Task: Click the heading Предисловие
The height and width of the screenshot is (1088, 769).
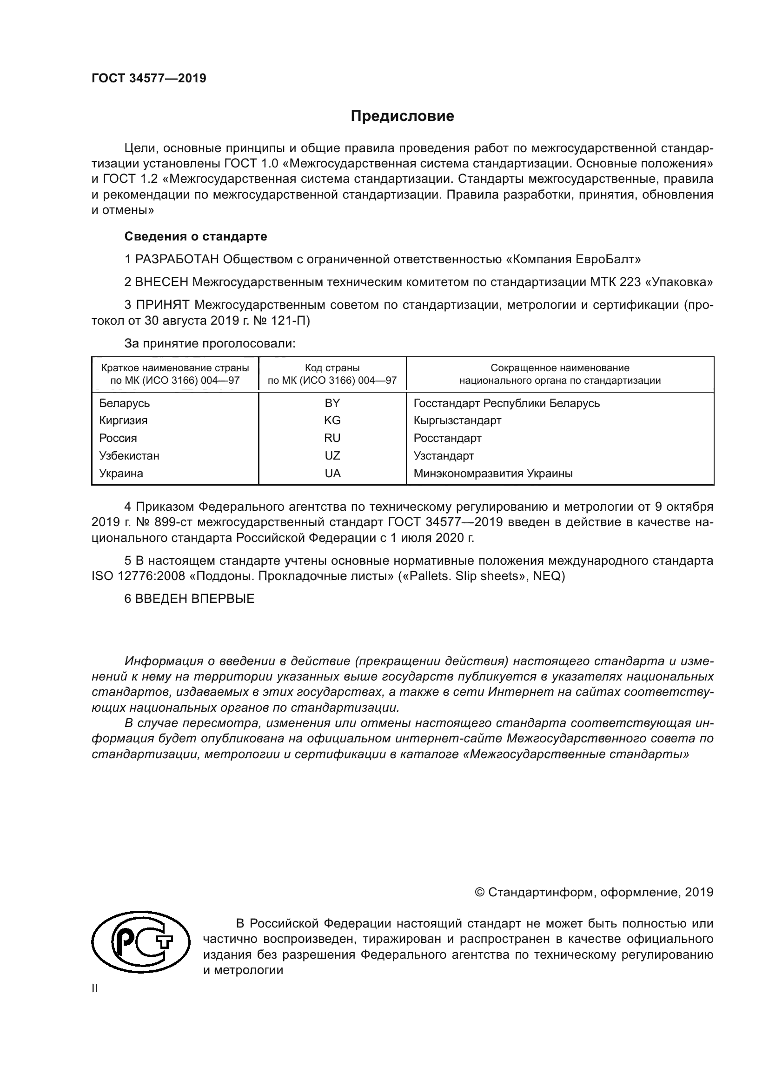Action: [x=402, y=116]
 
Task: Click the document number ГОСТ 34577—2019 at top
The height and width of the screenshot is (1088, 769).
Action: [x=149, y=79]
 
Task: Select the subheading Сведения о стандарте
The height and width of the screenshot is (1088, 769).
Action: [x=196, y=236]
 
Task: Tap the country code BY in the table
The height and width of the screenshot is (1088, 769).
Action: [x=332, y=403]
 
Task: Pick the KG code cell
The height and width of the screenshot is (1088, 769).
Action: [x=332, y=421]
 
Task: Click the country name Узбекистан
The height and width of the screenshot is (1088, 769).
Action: [x=129, y=456]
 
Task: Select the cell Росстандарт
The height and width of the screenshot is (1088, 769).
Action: [x=447, y=438]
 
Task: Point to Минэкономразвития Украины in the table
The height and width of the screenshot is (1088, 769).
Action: [x=493, y=474]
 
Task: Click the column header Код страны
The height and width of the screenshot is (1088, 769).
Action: [x=332, y=368]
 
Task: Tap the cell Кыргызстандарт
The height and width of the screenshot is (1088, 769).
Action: [x=457, y=421]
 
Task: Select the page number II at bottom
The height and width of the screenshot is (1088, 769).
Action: [x=95, y=988]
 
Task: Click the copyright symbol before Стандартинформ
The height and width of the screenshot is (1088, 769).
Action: [x=479, y=893]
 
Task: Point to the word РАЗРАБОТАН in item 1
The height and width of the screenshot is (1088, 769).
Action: [x=177, y=260]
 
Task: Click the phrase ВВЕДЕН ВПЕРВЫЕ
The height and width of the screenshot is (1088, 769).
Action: [x=195, y=599]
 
